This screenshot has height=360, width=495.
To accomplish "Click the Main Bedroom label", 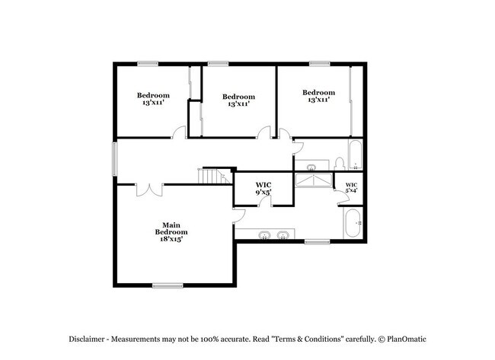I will (171, 228).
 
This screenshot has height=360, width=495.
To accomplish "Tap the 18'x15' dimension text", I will (171, 239).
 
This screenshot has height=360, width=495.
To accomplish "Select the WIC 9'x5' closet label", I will (263, 188).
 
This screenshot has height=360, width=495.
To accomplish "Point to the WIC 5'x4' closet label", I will (351, 188).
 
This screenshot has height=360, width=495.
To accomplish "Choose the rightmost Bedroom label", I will (318, 96).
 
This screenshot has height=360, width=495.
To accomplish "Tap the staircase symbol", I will (215, 177).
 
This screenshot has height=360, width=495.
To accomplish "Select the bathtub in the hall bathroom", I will (356, 156).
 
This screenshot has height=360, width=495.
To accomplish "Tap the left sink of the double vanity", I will (265, 234).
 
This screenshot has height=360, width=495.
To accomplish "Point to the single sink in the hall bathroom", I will (312, 166).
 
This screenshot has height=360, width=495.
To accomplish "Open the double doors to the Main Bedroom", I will (149, 185).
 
